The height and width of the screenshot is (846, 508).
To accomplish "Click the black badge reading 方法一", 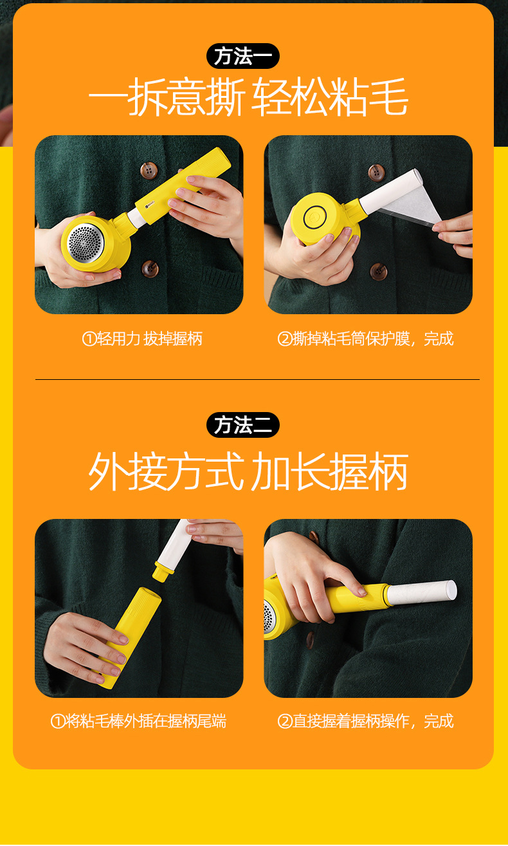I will [x=242, y=56].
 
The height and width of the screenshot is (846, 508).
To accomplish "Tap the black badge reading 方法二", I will [x=242, y=425].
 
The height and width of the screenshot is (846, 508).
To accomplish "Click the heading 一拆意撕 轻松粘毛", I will [x=248, y=99].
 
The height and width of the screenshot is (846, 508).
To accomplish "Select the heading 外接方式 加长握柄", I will [x=248, y=472].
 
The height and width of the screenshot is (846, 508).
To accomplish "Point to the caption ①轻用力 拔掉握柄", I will [x=142, y=338].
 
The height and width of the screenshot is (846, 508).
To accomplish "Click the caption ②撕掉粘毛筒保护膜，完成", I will [x=365, y=338].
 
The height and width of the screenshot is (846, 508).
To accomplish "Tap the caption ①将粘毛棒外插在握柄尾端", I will [x=138, y=720].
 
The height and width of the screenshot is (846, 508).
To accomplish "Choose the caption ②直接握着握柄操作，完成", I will [x=365, y=720].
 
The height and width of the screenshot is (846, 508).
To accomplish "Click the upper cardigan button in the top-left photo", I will [x=149, y=171].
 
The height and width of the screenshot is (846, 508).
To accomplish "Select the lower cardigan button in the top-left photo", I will [x=150, y=268].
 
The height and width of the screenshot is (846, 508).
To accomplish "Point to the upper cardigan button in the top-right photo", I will [x=376, y=172].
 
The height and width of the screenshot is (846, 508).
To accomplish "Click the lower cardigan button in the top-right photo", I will [x=379, y=271].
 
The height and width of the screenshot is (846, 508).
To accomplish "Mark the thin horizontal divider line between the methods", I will [x=257, y=379].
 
